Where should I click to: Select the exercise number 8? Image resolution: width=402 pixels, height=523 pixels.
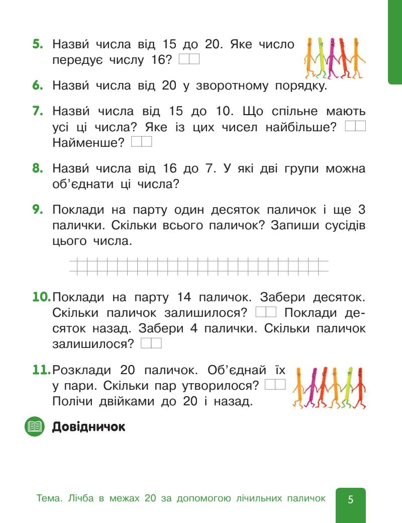coord(37,165)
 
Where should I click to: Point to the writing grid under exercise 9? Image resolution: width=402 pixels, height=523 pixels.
coord(198,267)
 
